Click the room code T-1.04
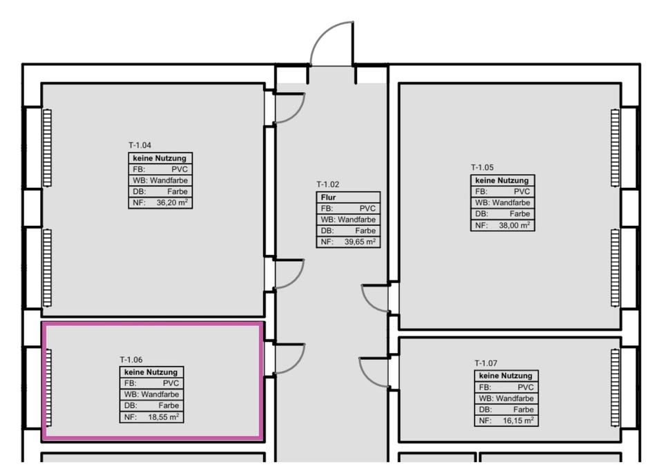140,146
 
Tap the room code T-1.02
328,184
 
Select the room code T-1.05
482,167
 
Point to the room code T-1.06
131,360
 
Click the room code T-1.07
486,363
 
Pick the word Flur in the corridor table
328,197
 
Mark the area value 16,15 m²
518,421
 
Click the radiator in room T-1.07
615,388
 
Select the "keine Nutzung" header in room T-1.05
501,180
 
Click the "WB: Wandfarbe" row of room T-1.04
160,180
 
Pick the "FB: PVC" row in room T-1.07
505,387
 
